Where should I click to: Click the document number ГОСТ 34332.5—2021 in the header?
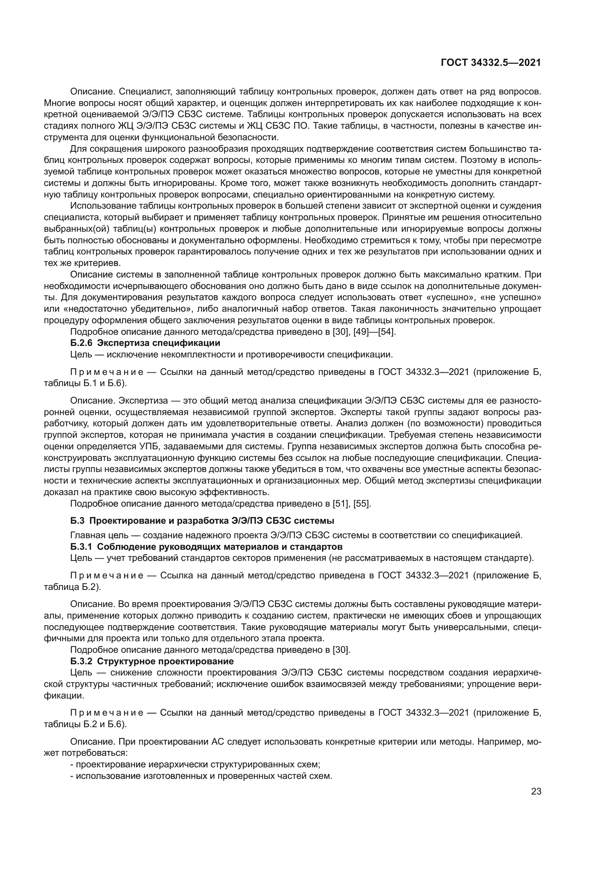tap(491, 63)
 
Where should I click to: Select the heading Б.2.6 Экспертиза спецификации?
tap(145, 343)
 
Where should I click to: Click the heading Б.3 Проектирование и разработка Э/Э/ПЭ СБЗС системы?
tap(202, 520)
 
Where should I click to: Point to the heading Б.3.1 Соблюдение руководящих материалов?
tap(206, 547)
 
